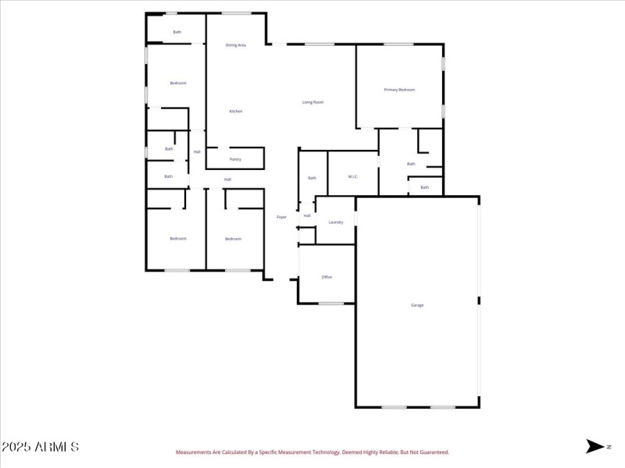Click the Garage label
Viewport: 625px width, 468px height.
[417, 305]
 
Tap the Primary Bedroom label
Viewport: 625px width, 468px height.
[399, 90]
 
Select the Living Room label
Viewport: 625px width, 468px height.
[313, 102]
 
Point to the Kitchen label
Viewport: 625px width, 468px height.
[235, 112]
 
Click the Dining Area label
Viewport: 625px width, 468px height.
[236, 45]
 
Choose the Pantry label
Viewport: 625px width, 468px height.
[235, 160]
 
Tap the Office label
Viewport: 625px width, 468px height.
[327, 277]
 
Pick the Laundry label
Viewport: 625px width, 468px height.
[336, 222]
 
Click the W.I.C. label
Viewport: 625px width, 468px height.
[353, 178]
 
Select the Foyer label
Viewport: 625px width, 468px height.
[281, 217]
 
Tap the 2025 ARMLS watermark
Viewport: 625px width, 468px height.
[40, 447]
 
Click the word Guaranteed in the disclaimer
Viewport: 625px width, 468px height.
[434, 452]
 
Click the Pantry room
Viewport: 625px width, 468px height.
[235, 156]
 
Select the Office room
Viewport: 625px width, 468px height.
[327, 273]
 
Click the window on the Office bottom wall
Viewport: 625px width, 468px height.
[331, 303]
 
